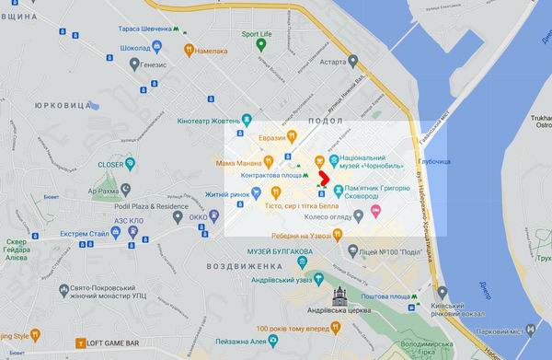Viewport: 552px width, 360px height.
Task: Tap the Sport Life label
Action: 257,34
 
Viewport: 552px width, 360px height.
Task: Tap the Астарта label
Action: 333,63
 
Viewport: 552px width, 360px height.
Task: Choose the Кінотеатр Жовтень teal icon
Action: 246,120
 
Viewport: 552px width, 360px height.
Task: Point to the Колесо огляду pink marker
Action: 375,212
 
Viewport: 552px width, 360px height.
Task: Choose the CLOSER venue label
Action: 110,165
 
